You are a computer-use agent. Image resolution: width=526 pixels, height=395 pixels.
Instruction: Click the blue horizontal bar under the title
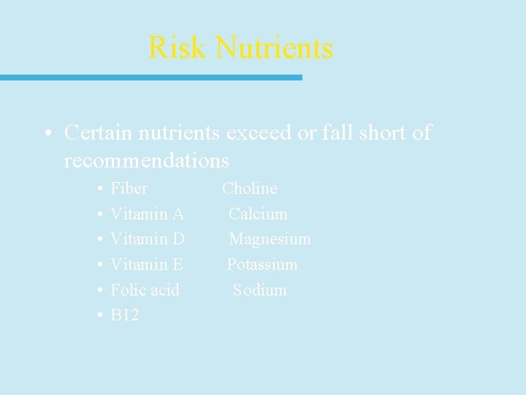[150, 77]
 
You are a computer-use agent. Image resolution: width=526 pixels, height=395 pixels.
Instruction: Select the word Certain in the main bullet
[99, 132]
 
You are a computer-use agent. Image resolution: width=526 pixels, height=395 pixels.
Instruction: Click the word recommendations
[146, 159]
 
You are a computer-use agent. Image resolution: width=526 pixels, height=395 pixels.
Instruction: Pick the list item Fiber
[129, 188]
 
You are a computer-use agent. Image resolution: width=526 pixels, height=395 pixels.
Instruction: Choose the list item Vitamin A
[147, 214]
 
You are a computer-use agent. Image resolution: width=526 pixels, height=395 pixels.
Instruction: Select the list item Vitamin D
[147, 239]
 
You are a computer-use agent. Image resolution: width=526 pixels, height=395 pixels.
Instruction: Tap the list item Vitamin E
[146, 264]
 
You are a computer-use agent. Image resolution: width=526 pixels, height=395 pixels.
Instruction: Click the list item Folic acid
[145, 290]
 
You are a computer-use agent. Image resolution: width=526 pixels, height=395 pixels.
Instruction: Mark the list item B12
[124, 315]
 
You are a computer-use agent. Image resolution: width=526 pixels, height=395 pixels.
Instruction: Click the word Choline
[250, 188]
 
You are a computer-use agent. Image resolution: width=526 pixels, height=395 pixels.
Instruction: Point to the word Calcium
[258, 214]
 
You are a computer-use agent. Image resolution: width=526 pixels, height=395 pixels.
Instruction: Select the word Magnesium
[270, 239]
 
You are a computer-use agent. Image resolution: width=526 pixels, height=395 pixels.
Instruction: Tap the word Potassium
[262, 264]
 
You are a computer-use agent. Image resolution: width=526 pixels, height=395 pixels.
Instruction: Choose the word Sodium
[259, 290]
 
